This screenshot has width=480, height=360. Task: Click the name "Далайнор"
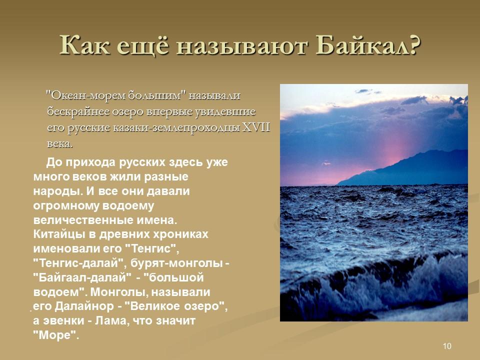[x=84, y=306]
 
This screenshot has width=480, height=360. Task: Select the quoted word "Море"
[x=56, y=335]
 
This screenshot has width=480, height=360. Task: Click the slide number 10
[x=447, y=346]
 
